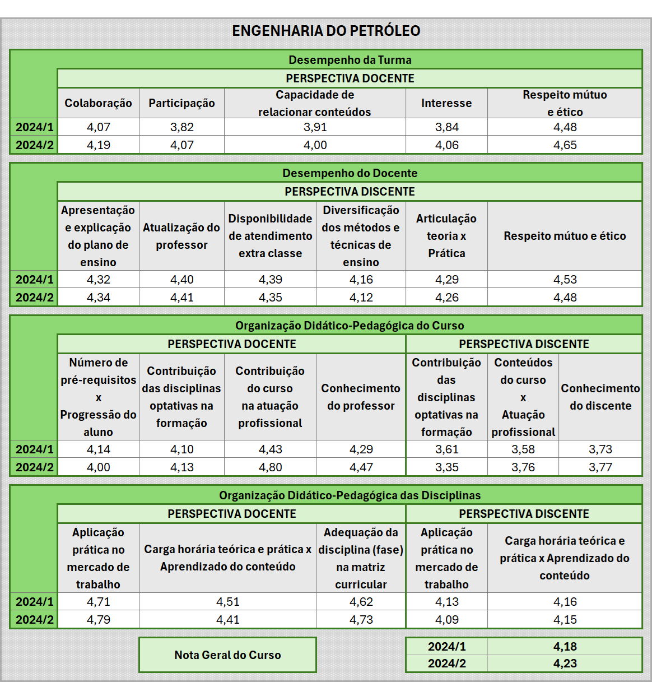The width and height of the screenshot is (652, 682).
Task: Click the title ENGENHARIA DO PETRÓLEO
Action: pos(326,31)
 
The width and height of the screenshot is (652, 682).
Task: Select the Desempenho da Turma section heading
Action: pos(350,60)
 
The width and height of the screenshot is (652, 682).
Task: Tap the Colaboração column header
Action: pos(98,103)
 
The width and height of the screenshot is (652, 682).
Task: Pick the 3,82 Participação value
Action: pos(181,127)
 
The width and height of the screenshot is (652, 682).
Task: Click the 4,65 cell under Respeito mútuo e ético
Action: pos(565,145)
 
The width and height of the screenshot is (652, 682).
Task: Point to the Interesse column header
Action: pos(446,103)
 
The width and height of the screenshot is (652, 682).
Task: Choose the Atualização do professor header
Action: pos(181,236)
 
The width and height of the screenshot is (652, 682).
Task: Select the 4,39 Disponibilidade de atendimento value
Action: pos(270,280)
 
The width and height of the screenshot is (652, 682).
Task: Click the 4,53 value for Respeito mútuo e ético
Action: pos(565,280)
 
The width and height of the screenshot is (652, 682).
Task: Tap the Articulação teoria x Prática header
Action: pos(446,236)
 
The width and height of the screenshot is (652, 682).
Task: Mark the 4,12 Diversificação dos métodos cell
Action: pos(361,298)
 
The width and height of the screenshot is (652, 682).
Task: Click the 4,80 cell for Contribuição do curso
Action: pos(270,467)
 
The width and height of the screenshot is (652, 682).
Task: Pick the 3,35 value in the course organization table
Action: pos(446,467)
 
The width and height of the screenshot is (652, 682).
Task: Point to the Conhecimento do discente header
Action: pos(600,397)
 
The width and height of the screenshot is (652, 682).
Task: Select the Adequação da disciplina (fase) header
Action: pos(361,558)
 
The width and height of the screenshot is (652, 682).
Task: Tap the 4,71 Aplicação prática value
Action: pos(98,602)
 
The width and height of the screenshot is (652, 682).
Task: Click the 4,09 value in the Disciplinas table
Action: pos(446,620)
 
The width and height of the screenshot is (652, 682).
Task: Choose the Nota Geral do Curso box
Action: pos(227,655)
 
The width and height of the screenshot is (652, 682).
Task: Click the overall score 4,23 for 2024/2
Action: pos(565,664)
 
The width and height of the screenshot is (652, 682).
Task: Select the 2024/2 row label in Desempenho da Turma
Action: pos(34,145)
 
